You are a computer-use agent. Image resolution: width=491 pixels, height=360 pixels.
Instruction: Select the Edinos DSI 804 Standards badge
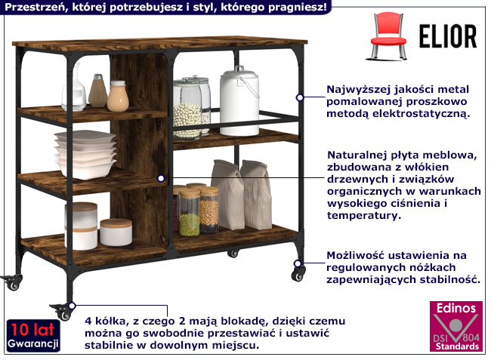[x=453, y=328]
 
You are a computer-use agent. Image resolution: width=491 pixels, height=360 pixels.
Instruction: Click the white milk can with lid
[x=239, y=101]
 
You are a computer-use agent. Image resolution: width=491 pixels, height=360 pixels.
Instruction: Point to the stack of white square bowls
[x=85, y=153]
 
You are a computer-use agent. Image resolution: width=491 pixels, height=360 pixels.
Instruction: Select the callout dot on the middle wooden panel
[x=161, y=178]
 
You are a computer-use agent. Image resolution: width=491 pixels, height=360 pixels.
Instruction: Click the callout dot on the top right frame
[x=300, y=97]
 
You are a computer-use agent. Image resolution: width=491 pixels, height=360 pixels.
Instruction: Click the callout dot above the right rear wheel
[x=299, y=263]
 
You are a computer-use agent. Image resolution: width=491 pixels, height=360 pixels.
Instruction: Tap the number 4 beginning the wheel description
[x=88, y=318]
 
